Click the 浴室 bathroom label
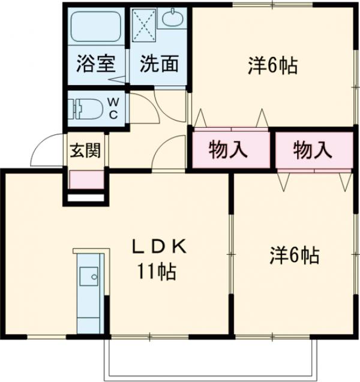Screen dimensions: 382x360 pyautogui.click(x=95, y=64)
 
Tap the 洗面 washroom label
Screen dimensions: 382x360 pyautogui.click(x=159, y=64)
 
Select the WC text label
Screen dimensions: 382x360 pyautogui.click(x=113, y=109)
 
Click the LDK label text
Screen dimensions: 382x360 pyautogui.click(x=160, y=246)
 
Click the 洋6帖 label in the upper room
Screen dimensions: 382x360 pyautogui.click(x=272, y=65)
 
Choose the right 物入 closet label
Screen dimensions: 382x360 pyautogui.click(x=313, y=150)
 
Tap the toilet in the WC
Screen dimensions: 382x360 pyautogui.click(x=87, y=108)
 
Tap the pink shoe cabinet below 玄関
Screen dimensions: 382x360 pyautogui.click(x=86, y=179)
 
